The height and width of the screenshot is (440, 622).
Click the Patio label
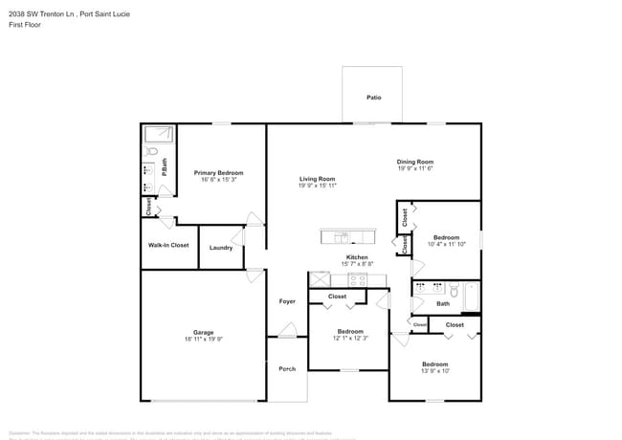[373, 98]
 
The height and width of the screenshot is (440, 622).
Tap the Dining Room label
[415, 162]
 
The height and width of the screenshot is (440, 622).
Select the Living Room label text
[317, 179]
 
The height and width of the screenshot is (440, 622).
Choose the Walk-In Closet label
[168, 246]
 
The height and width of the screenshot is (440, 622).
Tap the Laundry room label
[221, 248]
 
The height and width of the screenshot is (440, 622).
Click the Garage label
[203, 333]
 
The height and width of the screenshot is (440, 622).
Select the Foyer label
[287, 301]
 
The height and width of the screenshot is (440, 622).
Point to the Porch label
[287, 368]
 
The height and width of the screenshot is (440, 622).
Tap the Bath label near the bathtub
[442, 303]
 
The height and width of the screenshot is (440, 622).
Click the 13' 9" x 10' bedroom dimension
[435, 372]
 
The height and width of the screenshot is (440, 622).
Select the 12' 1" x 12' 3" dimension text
[349, 339]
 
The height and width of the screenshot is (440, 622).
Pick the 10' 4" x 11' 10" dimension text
[446, 245]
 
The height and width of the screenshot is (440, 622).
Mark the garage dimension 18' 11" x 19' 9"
[203, 340]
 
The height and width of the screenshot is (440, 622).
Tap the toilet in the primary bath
[152, 151]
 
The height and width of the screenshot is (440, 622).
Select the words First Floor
[26, 25]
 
